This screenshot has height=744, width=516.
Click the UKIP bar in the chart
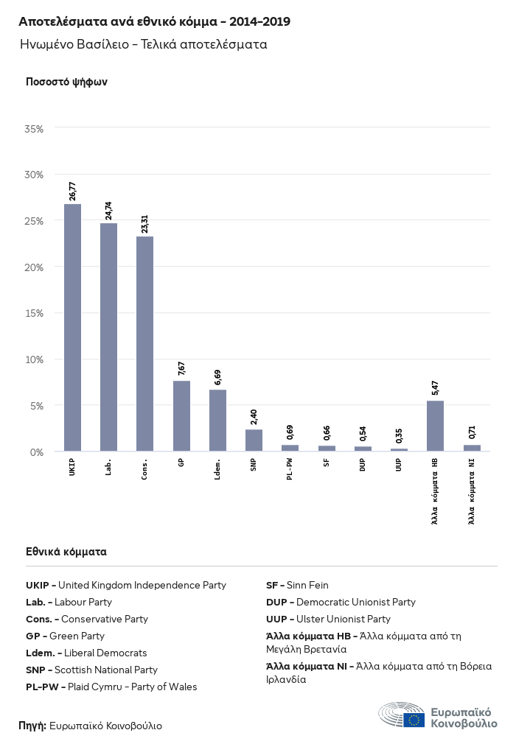[72, 328]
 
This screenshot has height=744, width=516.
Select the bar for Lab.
[108, 337]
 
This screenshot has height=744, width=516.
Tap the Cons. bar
[144, 344]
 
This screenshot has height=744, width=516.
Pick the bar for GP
[181, 416]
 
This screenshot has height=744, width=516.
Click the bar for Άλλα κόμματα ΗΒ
[435, 427]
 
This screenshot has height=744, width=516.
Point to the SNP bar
[254, 441]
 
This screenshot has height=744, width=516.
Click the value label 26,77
[72, 191]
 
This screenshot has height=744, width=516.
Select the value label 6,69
[217, 377]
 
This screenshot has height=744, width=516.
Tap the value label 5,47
[435, 388]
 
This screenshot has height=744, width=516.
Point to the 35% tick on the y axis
[35, 128]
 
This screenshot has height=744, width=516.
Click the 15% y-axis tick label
[35, 313]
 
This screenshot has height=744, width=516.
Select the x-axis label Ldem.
[217, 469]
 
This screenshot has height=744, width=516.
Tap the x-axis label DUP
[363, 465]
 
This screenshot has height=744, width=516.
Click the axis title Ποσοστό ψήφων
[67, 82]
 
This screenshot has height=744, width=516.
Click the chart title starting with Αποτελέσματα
[154, 21]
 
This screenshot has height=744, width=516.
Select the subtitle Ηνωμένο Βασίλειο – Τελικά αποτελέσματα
[144, 44]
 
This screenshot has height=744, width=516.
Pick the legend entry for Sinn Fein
[297, 585]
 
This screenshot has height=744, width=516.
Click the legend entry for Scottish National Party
[91, 670]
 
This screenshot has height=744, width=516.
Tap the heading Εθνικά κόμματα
[66, 551]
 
